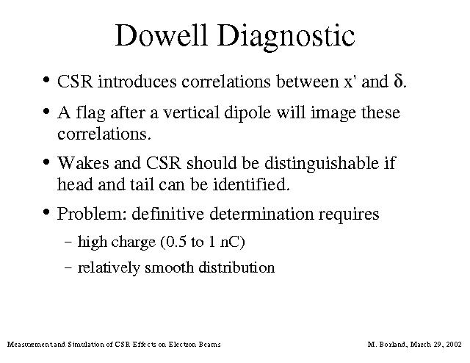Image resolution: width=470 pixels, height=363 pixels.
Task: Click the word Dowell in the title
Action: (162, 35)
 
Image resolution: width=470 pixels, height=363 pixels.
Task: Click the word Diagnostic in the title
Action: (286, 37)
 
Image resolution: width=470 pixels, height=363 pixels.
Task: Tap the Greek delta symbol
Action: (399, 80)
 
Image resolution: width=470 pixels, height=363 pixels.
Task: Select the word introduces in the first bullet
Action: (137, 82)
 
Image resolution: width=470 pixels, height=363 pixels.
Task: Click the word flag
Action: (90, 113)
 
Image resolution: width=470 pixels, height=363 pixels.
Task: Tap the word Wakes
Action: (83, 163)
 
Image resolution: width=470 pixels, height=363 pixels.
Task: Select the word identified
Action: (251, 184)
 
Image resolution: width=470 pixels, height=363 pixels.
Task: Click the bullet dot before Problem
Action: (46, 212)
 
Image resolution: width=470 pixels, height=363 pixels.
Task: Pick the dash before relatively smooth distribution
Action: (68, 267)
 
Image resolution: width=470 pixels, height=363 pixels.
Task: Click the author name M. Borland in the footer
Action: (387, 344)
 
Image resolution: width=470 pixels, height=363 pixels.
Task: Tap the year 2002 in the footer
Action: (454, 344)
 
